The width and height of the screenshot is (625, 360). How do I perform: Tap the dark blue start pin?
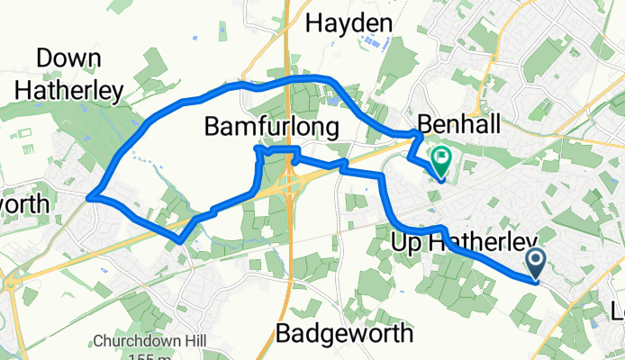click(536, 263)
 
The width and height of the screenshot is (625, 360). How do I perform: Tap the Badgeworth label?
click(343, 333)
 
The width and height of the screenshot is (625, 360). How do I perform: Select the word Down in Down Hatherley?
click(68, 58)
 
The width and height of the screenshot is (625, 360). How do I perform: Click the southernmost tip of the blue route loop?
click(182, 241)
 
